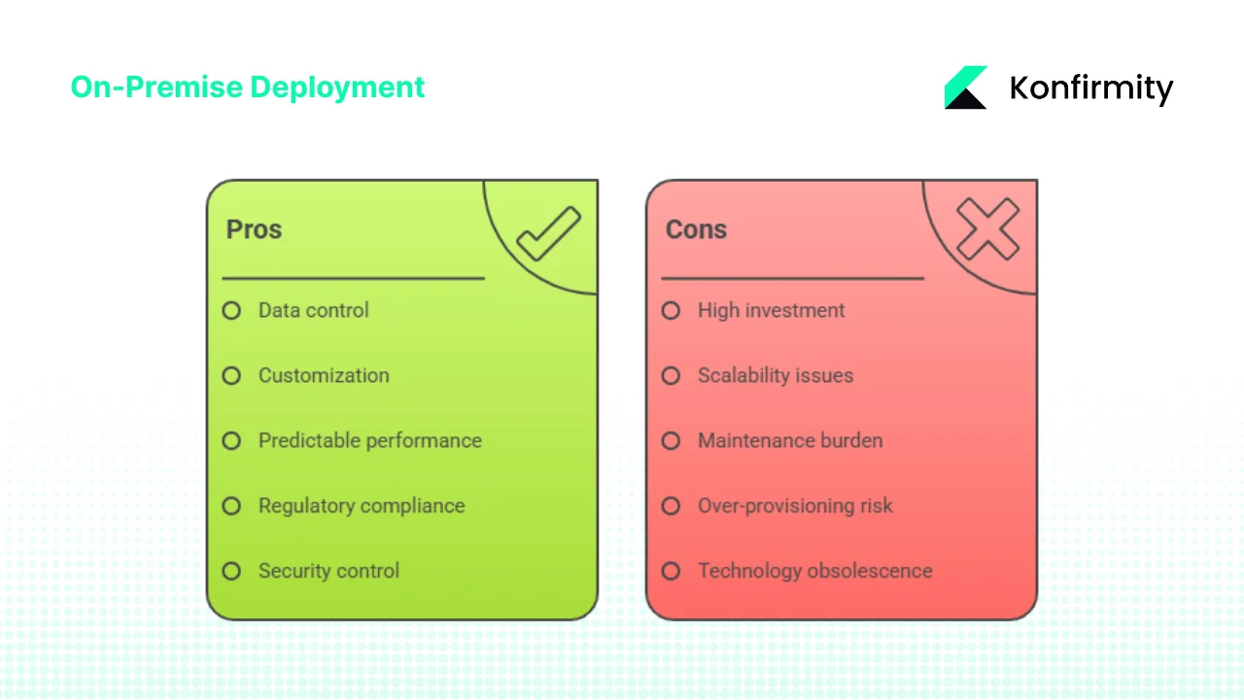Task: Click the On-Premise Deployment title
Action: tap(248, 87)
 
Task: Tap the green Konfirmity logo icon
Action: tap(965, 87)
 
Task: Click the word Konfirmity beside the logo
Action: tap(1091, 88)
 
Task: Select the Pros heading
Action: tap(254, 229)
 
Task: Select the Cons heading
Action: tap(696, 229)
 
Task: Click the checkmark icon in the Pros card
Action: tap(548, 234)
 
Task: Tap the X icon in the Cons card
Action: tap(987, 229)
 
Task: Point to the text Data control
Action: tap(313, 310)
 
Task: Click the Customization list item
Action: tap(324, 375)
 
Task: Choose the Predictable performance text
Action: tap(369, 440)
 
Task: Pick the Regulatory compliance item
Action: tap(362, 506)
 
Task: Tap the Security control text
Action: tap(328, 571)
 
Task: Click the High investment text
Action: tap(771, 310)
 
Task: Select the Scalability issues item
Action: tap(775, 375)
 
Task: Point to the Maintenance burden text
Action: tap(790, 440)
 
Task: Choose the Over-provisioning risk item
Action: tap(795, 506)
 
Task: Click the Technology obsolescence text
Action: tap(814, 571)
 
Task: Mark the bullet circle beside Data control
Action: tap(231, 311)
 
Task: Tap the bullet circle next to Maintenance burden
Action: tap(671, 441)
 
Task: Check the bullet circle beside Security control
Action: tap(231, 572)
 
